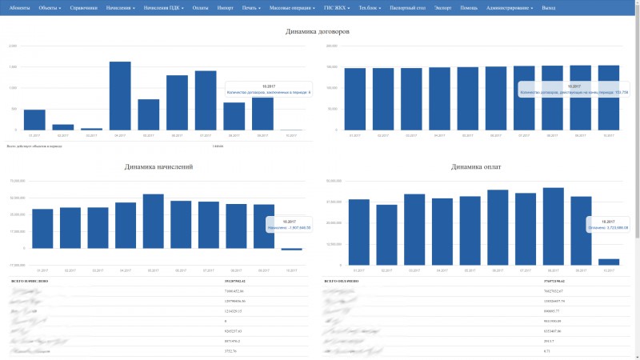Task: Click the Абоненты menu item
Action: coord(21,7)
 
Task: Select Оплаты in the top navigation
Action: coord(200,7)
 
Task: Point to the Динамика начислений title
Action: coord(158,167)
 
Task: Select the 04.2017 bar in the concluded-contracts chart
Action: coord(120,95)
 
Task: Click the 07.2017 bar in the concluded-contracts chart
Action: coord(206,100)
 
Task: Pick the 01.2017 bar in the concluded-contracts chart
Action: coord(34,119)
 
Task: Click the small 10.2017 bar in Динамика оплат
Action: coord(609,262)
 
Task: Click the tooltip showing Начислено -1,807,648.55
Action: coord(289,225)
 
